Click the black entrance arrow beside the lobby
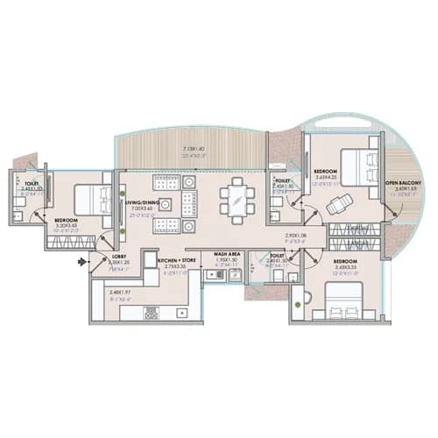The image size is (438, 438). (82, 261)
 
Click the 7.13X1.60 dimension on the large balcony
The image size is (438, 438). (194, 150)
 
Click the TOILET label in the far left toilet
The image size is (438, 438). (32, 184)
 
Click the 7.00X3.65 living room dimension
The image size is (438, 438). (141, 208)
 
